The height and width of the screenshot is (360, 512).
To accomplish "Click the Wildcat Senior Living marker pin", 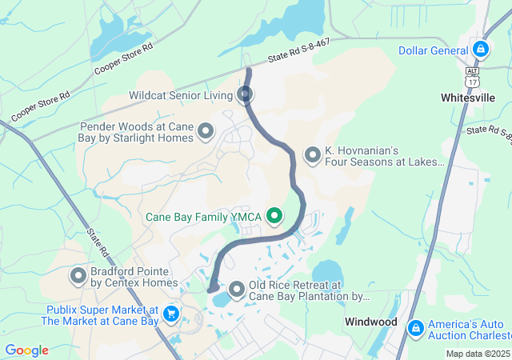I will (x=246, y=95).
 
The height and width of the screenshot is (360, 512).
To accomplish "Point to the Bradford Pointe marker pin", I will (x=78, y=277).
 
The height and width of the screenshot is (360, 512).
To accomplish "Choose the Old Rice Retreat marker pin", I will (x=237, y=289).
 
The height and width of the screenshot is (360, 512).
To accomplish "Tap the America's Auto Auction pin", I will (x=415, y=328).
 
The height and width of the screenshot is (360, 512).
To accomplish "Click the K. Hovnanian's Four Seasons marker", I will (x=312, y=154).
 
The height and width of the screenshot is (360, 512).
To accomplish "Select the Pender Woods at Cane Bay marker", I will (x=206, y=130).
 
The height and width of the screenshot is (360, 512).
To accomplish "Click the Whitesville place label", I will (x=468, y=98).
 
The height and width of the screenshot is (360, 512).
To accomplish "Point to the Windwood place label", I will (x=371, y=322).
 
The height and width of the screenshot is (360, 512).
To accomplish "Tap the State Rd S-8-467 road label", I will (x=299, y=50).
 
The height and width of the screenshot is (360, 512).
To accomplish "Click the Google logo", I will (x=26, y=350).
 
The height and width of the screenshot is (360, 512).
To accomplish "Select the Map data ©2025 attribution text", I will (x=477, y=354).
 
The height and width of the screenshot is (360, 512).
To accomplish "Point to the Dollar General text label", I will (x=433, y=50).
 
